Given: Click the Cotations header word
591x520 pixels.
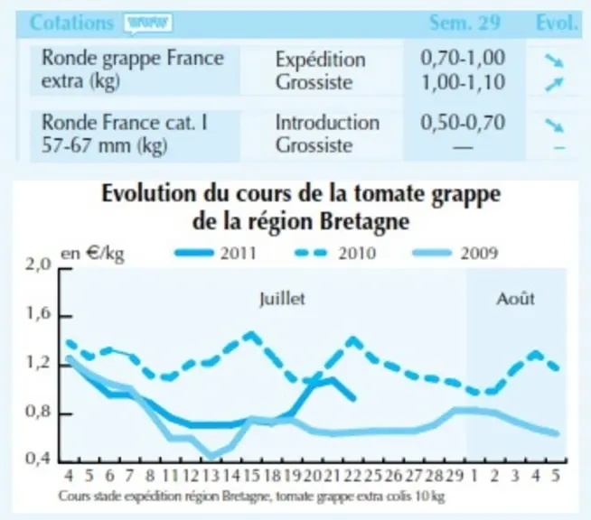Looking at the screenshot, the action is click(71, 23).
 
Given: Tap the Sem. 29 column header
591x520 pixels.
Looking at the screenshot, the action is click(464, 23).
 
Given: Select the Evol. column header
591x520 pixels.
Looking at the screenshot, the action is click(557, 23).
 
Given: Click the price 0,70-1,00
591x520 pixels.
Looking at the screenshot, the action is click(463, 58).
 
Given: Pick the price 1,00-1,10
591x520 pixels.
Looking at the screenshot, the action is click(463, 82).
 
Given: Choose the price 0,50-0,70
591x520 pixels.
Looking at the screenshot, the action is click(463, 123).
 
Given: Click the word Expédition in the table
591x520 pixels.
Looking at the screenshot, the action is click(321, 60).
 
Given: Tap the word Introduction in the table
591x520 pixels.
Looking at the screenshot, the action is click(327, 123).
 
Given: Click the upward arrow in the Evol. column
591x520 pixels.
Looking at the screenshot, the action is click(554, 84).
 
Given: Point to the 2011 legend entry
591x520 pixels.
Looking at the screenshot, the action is click(215, 253).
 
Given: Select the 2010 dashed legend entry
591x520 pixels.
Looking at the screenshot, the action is click(335, 253).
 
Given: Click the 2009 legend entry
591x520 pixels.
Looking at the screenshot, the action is click(455, 253).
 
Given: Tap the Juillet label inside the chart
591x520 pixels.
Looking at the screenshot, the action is click(282, 299).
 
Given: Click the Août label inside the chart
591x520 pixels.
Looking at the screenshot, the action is click(515, 299).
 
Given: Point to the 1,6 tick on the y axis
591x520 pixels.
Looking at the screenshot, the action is click(38, 313).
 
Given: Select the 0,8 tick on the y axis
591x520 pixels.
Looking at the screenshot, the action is click(38, 411).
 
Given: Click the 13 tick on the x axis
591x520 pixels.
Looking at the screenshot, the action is click(211, 476).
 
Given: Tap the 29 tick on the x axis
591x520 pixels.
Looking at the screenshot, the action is click(455, 476).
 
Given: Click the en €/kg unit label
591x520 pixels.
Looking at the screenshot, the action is click(92, 254).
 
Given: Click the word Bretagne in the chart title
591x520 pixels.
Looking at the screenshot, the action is click(364, 222).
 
